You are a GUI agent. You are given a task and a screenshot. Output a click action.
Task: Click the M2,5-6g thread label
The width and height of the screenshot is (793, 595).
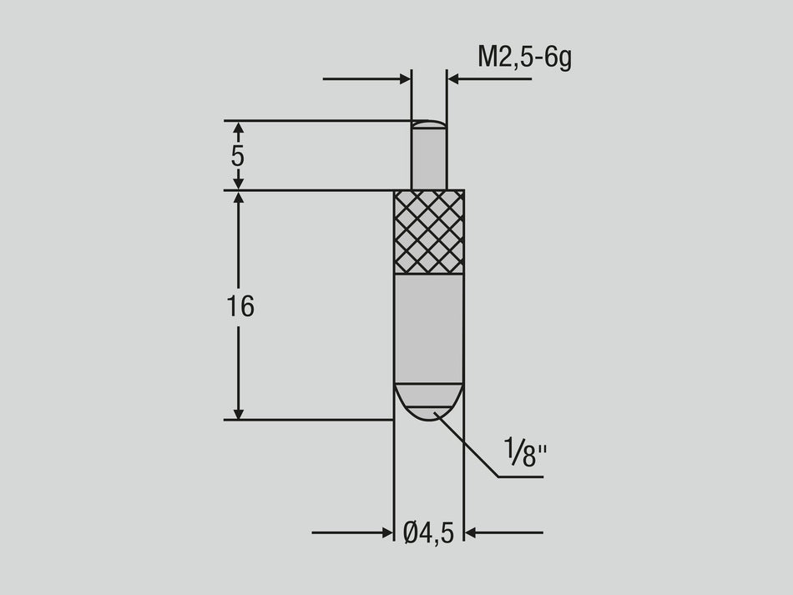tap(524, 58)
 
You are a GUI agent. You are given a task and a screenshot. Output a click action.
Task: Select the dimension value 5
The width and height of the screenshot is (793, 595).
tap(238, 156)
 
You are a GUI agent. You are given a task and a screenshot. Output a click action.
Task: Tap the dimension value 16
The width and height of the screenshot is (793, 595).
tap(240, 307)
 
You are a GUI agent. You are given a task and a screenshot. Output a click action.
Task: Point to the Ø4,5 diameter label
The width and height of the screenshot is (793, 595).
tap(428, 532)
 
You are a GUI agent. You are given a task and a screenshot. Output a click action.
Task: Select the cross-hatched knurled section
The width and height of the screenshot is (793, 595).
tap(429, 232)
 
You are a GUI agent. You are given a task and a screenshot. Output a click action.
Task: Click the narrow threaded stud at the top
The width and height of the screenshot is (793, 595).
tap(429, 159)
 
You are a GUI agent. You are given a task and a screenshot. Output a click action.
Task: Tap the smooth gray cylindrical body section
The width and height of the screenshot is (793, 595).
tap(429, 327)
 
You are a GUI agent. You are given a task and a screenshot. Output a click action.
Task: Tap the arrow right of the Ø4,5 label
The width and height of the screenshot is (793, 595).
tap(472, 532)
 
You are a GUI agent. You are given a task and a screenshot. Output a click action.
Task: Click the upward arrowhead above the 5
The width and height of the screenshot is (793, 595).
tap(238, 129)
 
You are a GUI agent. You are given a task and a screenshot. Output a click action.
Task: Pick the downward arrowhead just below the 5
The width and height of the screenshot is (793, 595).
tap(238, 183)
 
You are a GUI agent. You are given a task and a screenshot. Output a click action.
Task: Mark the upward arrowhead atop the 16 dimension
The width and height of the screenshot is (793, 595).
tap(238, 199)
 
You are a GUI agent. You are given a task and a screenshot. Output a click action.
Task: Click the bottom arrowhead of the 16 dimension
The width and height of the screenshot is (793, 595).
tap(238, 412)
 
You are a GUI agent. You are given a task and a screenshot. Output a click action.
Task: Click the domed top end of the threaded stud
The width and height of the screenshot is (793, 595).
tap(429, 124)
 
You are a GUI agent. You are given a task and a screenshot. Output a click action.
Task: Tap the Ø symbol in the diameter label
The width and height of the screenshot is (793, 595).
tap(411, 532)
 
